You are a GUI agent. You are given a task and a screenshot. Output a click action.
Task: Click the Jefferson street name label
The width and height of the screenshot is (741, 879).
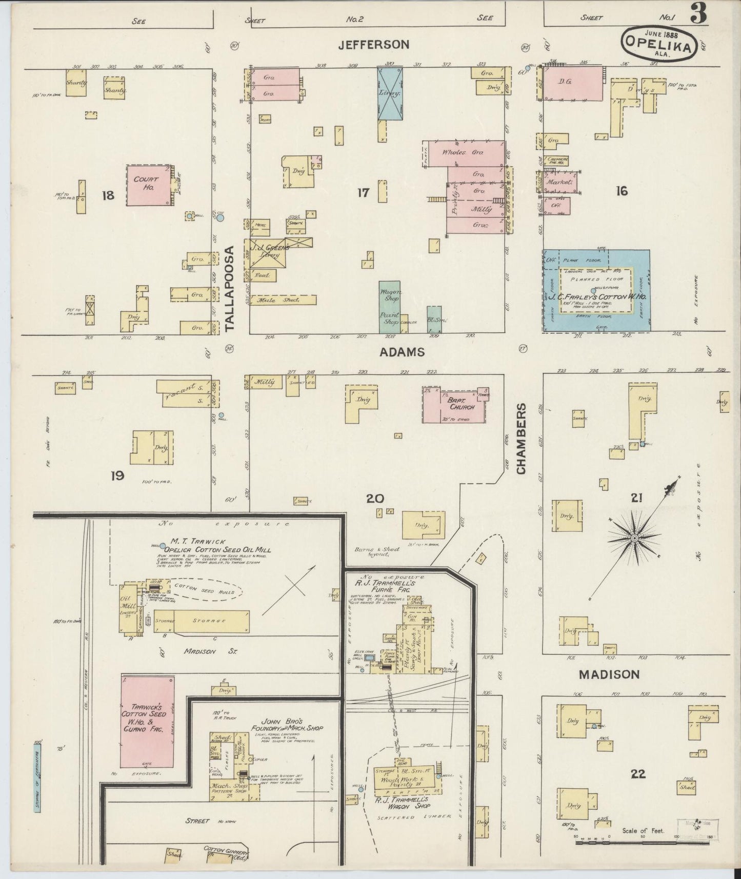tap(374, 45)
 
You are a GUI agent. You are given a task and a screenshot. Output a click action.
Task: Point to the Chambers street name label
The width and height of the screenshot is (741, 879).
tap(522, 439)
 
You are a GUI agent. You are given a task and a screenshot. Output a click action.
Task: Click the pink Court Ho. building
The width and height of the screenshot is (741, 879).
tap(148, 185)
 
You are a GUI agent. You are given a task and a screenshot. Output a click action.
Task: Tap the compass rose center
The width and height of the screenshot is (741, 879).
tap(634, 537)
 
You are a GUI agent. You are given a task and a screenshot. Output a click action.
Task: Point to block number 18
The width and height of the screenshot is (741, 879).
tap(108, 195)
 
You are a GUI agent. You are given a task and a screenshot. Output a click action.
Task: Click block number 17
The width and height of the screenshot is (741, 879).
tap(363, 193)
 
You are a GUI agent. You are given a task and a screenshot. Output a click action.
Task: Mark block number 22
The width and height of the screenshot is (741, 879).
tap(638, 773)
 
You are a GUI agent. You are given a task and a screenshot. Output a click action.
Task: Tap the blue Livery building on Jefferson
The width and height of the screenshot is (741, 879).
tap(390, 93)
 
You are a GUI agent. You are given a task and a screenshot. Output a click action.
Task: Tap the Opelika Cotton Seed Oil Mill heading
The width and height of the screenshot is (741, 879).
tap(214, 550)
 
